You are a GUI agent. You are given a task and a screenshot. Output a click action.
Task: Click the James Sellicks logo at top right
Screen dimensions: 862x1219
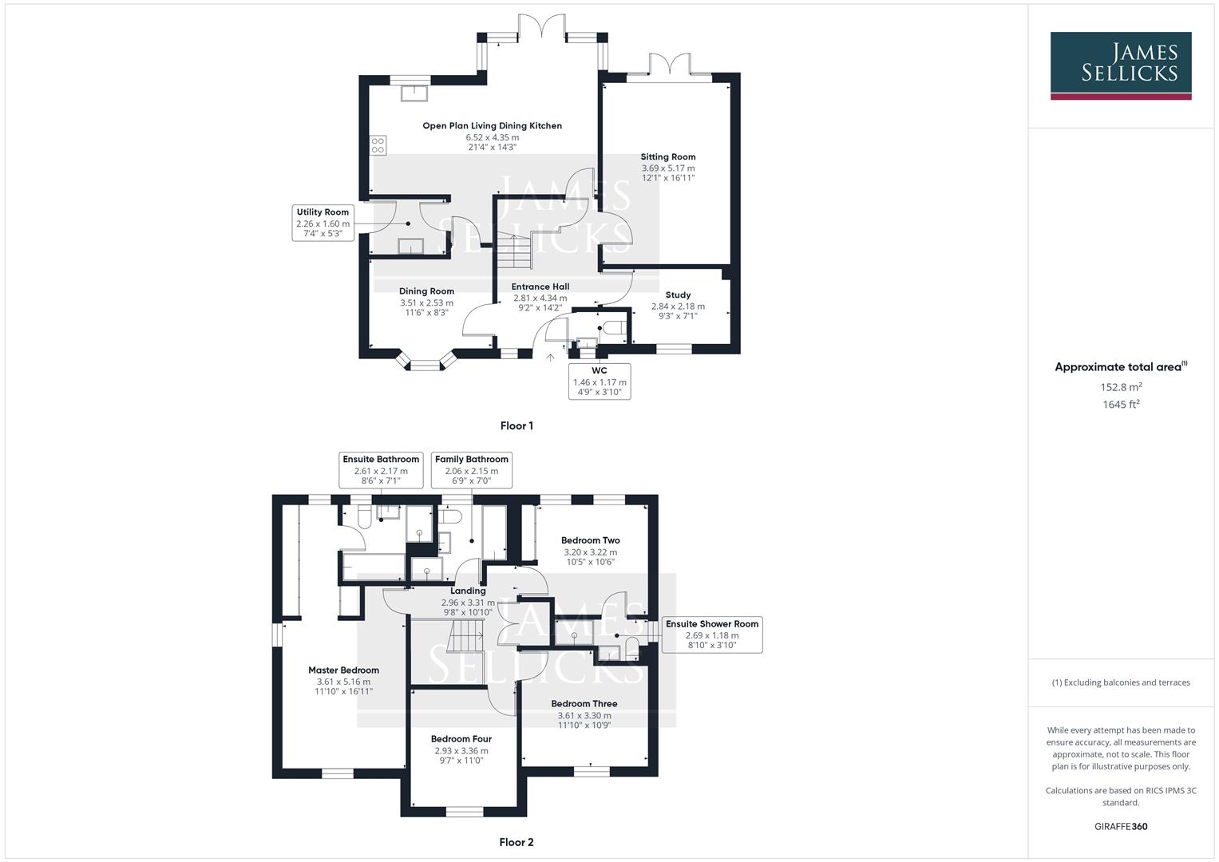[1120, 65]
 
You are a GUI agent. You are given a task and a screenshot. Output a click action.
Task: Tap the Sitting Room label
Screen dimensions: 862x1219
[667, 157]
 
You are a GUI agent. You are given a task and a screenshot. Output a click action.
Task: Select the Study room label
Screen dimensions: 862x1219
[678, 295]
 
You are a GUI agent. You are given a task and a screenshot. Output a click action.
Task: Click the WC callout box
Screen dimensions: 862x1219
[599, 382]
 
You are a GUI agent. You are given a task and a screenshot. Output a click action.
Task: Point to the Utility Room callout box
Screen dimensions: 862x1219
[323, 223]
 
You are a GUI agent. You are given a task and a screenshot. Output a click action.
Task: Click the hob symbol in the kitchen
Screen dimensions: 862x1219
[378, 145]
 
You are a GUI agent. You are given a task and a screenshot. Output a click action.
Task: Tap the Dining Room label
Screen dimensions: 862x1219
[426, 291]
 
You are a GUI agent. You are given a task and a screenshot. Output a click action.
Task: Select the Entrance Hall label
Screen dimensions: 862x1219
[540, 287]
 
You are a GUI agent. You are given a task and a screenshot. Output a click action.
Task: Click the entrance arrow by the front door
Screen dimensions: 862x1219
[550, 358]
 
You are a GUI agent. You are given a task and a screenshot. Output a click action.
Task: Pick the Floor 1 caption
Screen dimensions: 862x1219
[516, 425]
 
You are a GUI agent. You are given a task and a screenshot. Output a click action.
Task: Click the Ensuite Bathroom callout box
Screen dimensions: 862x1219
[381, 469]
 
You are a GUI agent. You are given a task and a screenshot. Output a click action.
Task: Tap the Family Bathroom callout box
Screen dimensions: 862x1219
[471, 469]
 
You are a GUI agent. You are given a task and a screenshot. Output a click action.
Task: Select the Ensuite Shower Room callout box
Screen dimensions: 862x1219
[711, 635]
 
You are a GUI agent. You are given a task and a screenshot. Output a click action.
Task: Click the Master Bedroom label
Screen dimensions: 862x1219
[343, 670]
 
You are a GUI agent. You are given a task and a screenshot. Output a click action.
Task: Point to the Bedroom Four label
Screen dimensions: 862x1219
[461, 739]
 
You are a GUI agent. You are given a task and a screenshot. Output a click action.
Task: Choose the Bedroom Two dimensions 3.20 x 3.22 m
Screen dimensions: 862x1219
[590, 552]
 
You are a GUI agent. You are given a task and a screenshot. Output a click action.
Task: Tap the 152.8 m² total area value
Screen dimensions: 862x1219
[1120, 387]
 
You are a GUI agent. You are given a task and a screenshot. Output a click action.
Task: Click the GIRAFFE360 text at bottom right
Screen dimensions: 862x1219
[1120, 827]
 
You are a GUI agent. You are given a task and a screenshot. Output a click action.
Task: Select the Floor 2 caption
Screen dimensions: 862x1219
[516, 842]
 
